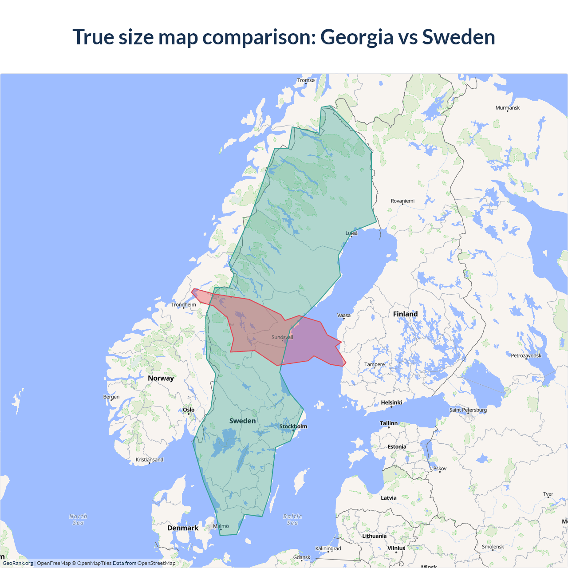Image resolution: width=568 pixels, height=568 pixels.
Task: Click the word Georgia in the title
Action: [356, 37]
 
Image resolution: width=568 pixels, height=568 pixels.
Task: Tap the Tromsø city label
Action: [306, 80]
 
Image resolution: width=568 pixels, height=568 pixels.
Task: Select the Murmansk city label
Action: [507, 108]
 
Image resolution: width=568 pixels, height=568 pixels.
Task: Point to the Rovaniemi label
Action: [402, 201]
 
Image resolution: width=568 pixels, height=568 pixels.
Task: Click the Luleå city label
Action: [351, 233]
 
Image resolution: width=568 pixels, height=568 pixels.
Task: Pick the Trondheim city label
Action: [184, 304]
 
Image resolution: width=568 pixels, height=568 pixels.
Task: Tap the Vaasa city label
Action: [344, 316]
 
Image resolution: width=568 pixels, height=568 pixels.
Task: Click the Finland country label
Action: [405, 314]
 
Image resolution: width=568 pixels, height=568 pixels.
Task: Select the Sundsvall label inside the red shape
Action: [282, 337]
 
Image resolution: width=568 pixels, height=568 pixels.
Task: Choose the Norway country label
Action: [161, 378]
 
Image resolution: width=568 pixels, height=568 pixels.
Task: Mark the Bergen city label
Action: [111, 397]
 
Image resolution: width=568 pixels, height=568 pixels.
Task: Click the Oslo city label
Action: [189, 410]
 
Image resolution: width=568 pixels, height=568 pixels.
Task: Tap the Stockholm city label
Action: [293, 426]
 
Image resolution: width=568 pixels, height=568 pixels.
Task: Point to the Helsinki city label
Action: [391, 402]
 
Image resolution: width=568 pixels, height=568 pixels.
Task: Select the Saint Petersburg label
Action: [468, 410]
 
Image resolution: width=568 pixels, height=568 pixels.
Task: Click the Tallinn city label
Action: [389, 423]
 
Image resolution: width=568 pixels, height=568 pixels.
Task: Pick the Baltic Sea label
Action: [292, 520]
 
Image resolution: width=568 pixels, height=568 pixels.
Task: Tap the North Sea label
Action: [78, 520]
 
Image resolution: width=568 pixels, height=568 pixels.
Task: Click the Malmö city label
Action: [221, 526]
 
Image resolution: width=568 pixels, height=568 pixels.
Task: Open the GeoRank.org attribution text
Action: [18, 563]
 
